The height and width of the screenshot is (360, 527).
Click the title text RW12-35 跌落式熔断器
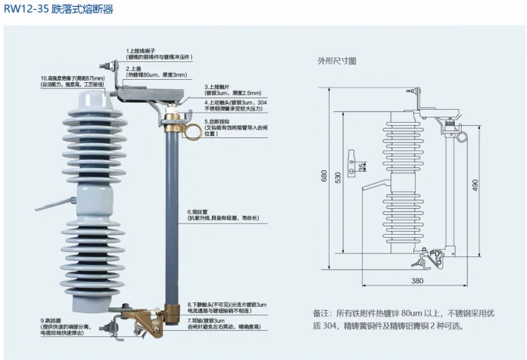[x=58, y=9]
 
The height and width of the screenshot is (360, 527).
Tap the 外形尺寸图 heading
[x=336, y=59]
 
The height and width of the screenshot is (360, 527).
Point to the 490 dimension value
[x=476, y=185]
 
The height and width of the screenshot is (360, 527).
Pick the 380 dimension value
[x=417, y=282]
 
